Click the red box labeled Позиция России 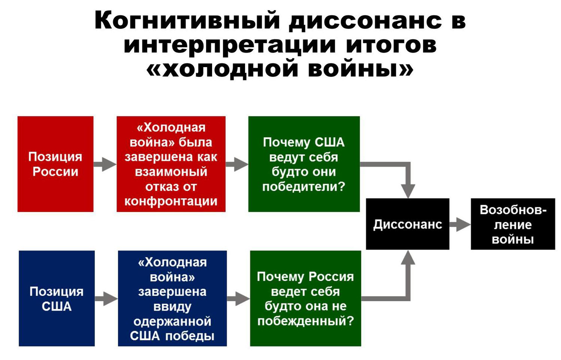[55, 164]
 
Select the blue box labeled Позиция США [57, 298]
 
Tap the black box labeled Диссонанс [408, 224]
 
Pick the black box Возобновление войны [513, 224]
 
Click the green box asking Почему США [304, 164]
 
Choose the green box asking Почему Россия [305, 298]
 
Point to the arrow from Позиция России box [105, 164]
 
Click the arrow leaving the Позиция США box [106, 299]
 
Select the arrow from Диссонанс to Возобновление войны [460, 224]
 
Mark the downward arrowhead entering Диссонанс [408, 191]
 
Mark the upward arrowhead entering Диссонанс [408, 257]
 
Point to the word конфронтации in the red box [171, 202]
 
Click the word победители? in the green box [304, 187]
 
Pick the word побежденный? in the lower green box [305, 321]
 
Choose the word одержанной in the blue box [172, 322]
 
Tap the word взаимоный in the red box [171, 172]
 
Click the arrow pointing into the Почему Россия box [238, 299]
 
